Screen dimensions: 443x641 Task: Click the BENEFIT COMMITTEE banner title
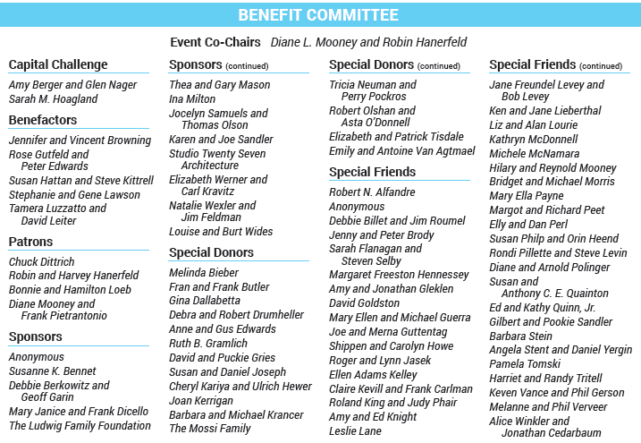pos(318,15)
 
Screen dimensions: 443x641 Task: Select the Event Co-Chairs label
pos(215,42)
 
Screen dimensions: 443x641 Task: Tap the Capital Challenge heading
pos(58,64)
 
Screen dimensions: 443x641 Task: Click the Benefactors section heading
pos(43,120)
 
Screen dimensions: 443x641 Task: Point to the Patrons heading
pos(30,242)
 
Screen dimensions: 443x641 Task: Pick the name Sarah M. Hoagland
pos(53,99)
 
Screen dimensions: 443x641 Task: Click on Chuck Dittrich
pos(41,262)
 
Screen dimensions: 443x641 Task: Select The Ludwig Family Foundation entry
pos(80,426)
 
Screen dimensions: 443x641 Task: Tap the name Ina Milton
pos(192,99)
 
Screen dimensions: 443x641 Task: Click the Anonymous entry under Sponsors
pos(37,357)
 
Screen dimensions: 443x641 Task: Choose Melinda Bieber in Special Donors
pos(204,273)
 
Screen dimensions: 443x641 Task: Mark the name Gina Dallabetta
pos(205,301)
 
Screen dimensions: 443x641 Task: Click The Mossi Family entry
pos(210,429)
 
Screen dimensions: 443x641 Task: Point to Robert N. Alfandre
pos(372,192)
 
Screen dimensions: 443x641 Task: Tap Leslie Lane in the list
pos(356,431)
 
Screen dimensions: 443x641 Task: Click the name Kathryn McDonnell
pos(534,140)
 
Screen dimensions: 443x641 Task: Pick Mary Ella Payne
pos(527,196)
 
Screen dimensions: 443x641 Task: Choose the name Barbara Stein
pos(521,337)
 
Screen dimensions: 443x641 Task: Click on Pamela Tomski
pos(526,365)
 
